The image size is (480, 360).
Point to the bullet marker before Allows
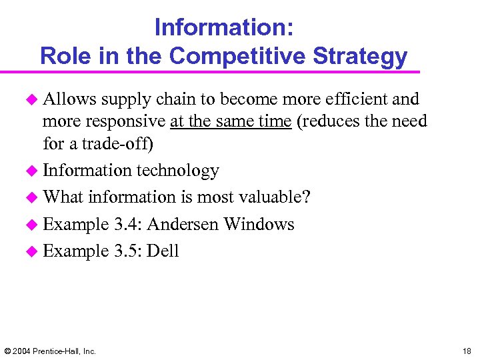(32, 100)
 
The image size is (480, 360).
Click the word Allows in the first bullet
(69, 99)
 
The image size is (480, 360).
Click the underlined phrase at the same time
(231, 121)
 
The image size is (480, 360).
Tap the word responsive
(125, 121)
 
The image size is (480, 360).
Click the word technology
(177, 171)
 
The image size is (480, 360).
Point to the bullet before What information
(32, 198)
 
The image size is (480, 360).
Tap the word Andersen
(183, 224)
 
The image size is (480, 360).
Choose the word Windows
(259, 224)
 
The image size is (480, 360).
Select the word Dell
(163, 251)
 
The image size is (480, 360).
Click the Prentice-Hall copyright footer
(50, 351)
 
